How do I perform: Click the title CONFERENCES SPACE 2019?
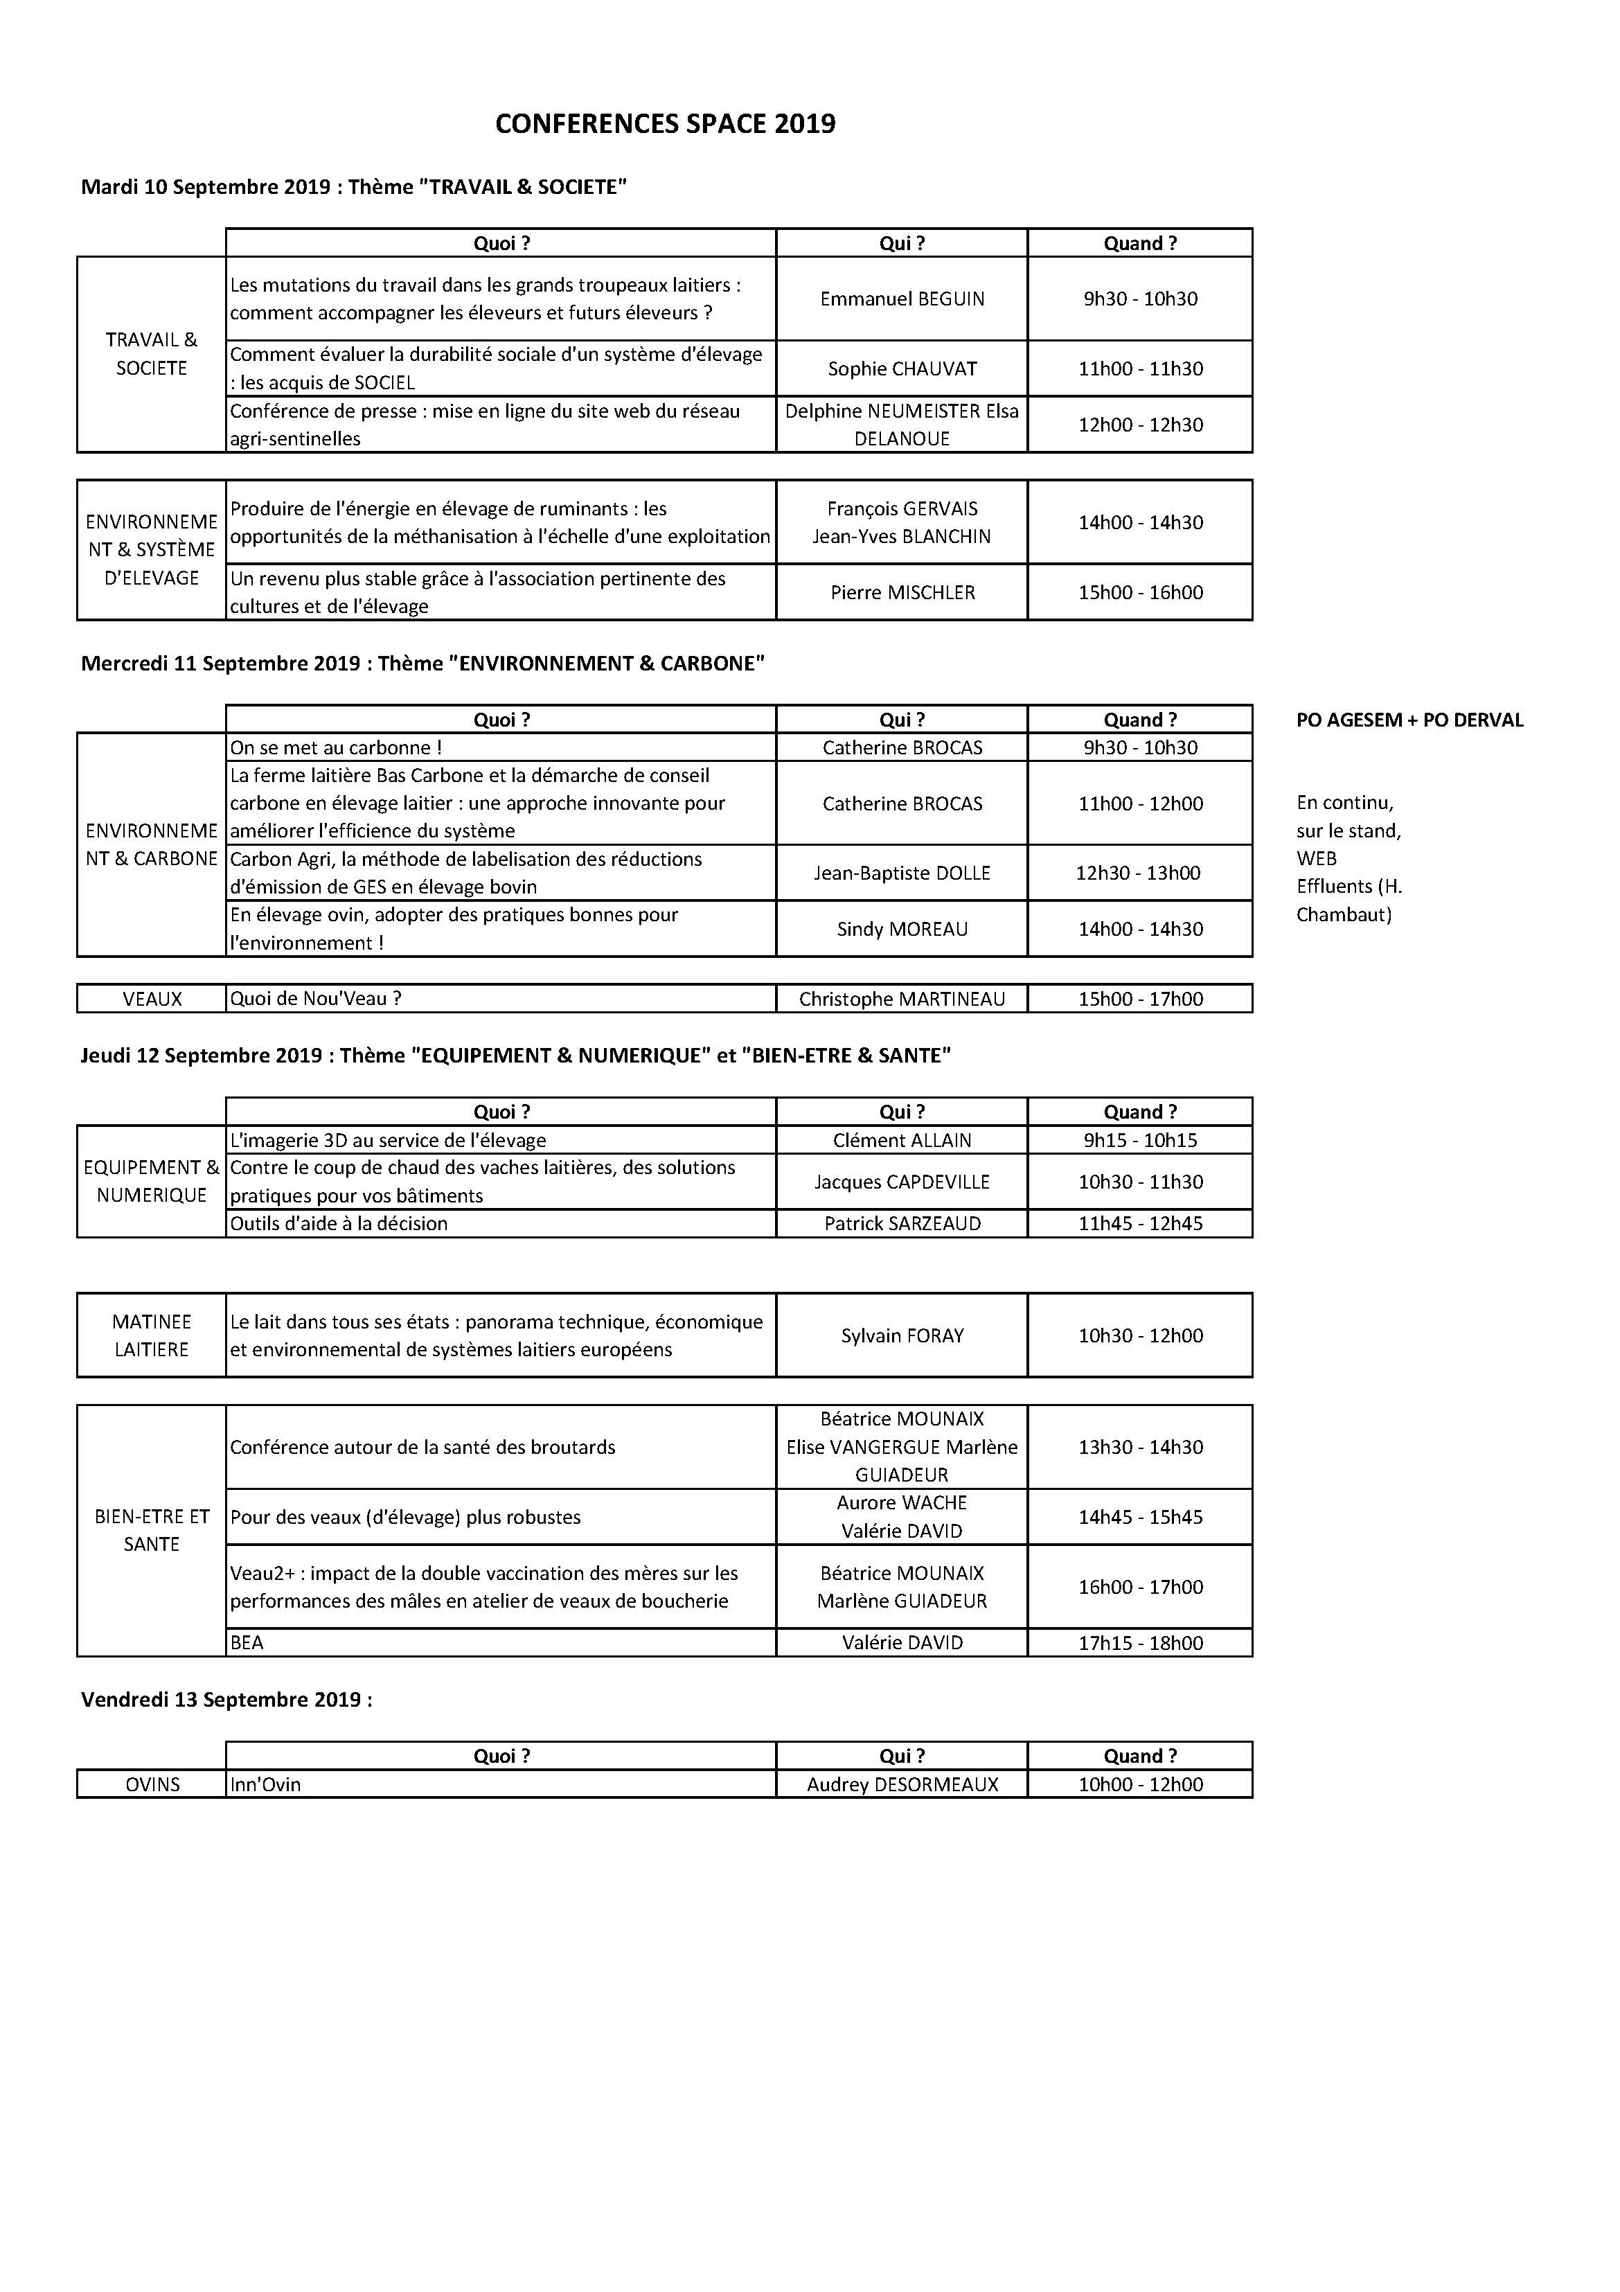[x=665, y=124]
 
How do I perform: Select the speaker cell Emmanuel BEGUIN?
[x=901, y=299]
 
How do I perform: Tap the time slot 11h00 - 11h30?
[x=1140, y=368]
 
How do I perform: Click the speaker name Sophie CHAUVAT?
[x=901, y=368]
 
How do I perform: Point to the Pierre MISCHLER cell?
[x=901, y=592]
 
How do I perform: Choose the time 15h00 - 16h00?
[x=1140, y=592]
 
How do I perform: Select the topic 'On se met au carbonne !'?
[x=335, y=747]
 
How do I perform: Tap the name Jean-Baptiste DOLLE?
[x=901, y=873]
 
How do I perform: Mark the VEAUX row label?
[x=152, y=998]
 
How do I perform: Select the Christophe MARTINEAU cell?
[x=901, y=998]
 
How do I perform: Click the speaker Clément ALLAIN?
[x=901, y=1140]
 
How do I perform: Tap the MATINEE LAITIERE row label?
[x=152, y=1335]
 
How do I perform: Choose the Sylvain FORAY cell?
[x=901, y=1335]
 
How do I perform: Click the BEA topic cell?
[x=247, y=1643]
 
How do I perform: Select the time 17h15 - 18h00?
[x=1140, y=1643]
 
